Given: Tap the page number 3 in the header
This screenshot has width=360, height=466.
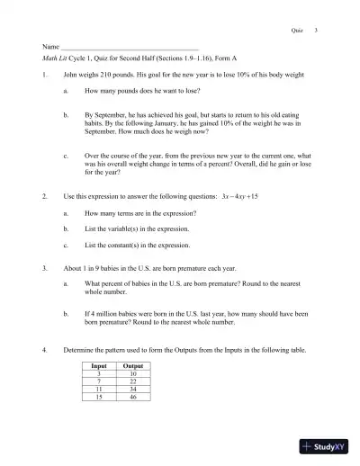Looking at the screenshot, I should coord(316,30).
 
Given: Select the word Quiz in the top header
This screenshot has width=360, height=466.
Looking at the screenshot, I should coord(296,30).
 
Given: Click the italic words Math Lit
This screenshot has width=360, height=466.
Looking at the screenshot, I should coord(55,56).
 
